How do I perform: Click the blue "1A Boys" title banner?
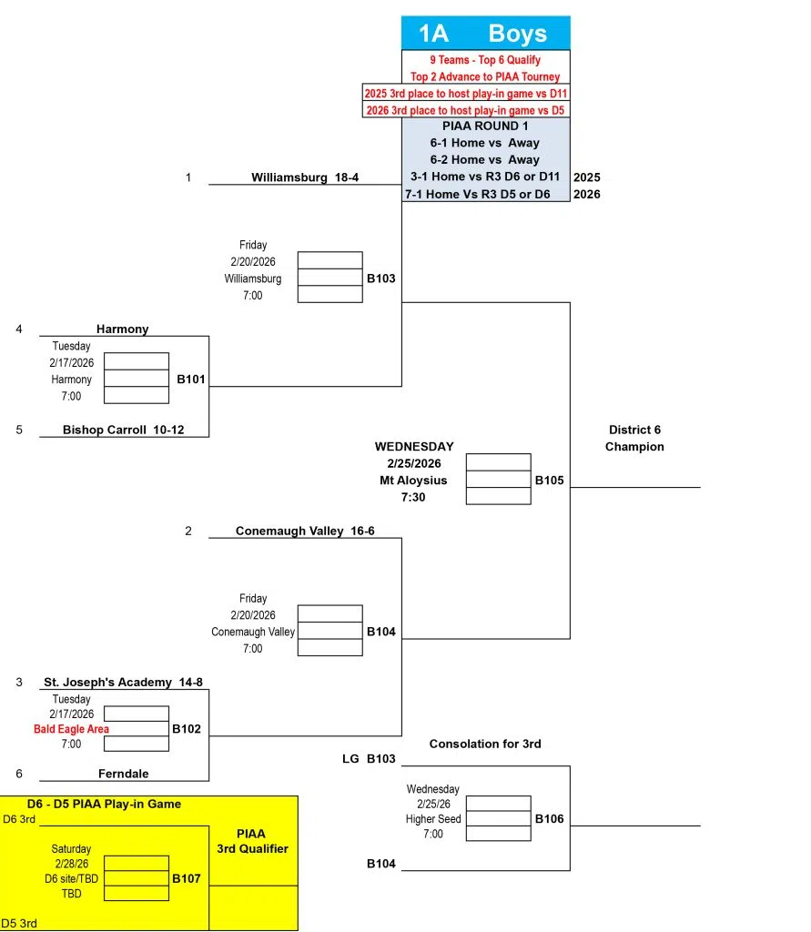pos(485,34)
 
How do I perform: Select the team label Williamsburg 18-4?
pos(305,177)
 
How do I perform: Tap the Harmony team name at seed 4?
pos(122,329)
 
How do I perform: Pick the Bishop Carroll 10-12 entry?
pos(123,430)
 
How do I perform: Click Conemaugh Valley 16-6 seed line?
pos(305,531)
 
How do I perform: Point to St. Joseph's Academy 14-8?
pos(117,682)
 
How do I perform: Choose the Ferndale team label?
pos(123,774)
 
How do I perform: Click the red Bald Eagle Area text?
pos(71,729)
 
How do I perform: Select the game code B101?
pos(191,379)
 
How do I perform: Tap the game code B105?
pos(549,480)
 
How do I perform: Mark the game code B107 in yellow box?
pos(187,879)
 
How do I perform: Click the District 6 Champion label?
pos(634,438)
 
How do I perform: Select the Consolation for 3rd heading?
pos(485,744)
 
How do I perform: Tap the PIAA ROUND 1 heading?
pos(485,127)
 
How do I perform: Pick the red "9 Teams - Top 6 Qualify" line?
pos(485,60)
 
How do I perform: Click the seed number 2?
pos(188,531)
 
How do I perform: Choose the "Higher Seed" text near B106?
pos(433,819)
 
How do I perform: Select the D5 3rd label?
pos(18,923)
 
